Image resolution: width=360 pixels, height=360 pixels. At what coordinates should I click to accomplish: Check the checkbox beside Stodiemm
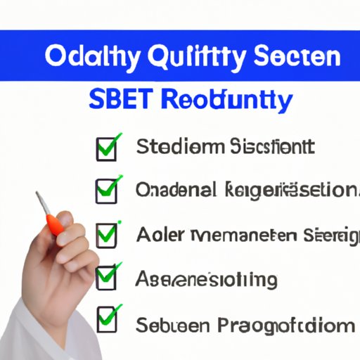105,149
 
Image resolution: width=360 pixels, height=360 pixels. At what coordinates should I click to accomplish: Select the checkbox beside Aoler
105,235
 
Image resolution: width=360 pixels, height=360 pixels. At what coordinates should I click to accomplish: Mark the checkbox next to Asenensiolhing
105,278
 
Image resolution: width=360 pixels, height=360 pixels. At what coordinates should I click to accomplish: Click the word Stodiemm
181,148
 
